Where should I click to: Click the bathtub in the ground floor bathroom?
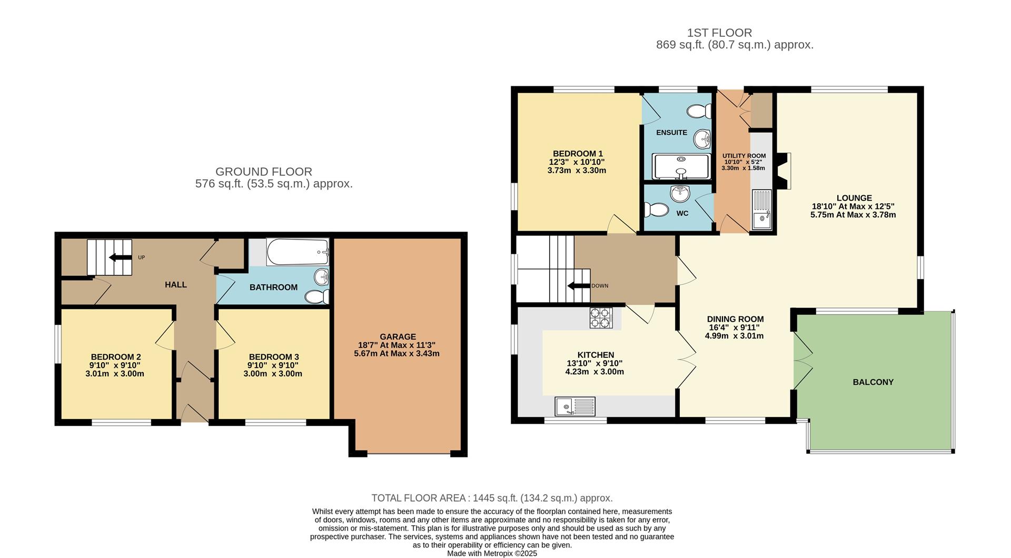(x=298, y=252)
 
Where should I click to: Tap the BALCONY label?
(x=873, y=382)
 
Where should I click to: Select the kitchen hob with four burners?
(x=601, y=318)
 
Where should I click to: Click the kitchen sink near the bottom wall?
(x=575, y=406)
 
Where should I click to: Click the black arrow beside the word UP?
(x=120, y=257)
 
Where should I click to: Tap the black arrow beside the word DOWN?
(x=578, y=286)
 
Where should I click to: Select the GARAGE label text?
(x=398, y=337)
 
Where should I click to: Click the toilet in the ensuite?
(x=699, y=111)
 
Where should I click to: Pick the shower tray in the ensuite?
(x=681, y=166)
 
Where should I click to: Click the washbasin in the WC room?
(x=680, y=194)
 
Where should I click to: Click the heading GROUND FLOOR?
(x=264, y=172)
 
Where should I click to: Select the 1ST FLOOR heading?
(x=719, y=33)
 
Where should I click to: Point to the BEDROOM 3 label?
(x=274, y=357)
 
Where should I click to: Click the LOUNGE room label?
(x=854, y=198)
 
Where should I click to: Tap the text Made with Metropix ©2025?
(x=492, y=553)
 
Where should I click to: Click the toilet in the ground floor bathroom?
(x=317, y=297)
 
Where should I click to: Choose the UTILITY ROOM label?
(x=744, y=156)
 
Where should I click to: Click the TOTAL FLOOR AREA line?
(x=492, y=498)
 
